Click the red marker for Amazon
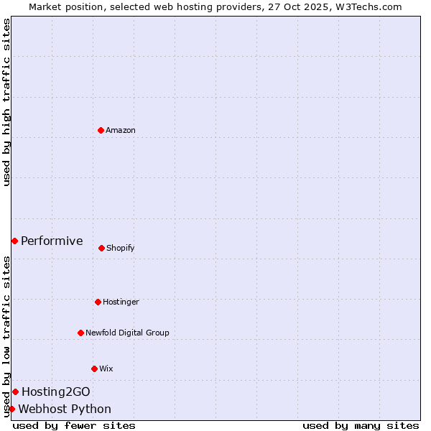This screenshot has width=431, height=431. (101, 130)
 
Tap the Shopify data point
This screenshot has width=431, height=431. (101, 248)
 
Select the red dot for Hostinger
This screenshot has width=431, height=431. (98, 302)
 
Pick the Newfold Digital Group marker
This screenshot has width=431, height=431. (80, 333)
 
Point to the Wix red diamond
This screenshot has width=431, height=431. (94, 369)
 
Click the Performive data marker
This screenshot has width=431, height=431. (14, 241)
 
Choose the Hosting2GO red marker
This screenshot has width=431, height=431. (15, 391)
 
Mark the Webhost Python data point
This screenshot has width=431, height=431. (11, 409)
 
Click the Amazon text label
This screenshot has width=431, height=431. (121, 130)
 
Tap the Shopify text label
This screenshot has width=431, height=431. (121, 248)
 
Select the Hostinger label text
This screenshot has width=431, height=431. (121, 302)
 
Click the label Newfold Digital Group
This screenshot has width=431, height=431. (127, 333)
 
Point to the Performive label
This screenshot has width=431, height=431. (52, 241)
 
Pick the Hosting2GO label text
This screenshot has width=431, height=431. (56, 391)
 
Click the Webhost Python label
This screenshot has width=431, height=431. (65, 409)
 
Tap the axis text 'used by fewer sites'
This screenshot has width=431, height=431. (74, 425)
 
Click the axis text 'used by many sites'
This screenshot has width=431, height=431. (361, 425)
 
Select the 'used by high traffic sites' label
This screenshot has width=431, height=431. (6, 102)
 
